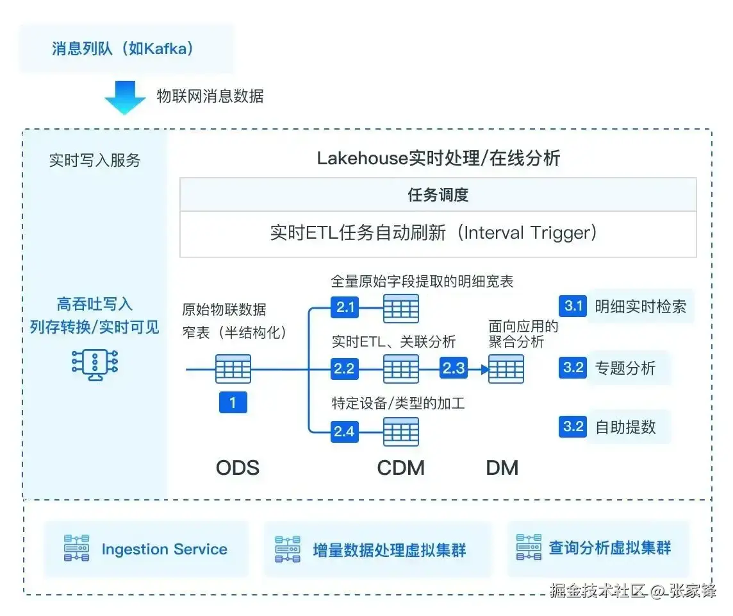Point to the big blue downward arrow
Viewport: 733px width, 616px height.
(125, 97)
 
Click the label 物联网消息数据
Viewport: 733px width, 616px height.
(210, 97)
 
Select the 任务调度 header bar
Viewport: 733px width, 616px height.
(438, 195)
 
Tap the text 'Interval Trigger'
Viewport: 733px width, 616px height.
(529, 232)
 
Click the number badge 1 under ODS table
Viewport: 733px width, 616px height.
(233, 402)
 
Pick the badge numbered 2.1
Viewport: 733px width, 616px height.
(345, 308)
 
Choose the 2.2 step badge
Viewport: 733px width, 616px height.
(345, 369)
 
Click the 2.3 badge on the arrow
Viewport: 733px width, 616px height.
(454, 369)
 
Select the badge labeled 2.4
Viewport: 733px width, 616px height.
(345, 431)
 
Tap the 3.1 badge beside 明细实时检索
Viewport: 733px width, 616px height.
(573, 306)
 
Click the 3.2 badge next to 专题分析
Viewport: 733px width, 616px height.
(573, 368)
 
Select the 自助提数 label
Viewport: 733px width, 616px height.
(625, 427)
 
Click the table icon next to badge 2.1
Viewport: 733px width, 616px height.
(401, 309)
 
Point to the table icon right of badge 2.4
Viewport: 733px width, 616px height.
(401, 432)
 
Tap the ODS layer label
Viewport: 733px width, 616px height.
(238, 468)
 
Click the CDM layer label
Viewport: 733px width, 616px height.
(401, 468)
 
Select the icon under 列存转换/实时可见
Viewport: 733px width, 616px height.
(95, 364)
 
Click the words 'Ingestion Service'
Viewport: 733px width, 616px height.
(165, 549)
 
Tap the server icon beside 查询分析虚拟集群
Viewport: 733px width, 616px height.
(529, 548)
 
